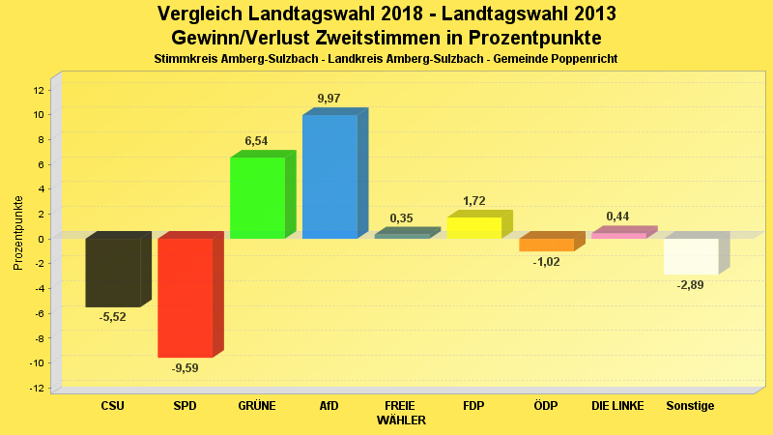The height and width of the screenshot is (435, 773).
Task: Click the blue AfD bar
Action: coord(329,177)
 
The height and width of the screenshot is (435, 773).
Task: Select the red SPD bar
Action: coord(186,298)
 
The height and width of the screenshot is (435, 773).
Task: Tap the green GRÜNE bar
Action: coord(257,197)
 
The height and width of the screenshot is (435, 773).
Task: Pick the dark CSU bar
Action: coord(113,273)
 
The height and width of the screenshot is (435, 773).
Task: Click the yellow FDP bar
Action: coord(473,228)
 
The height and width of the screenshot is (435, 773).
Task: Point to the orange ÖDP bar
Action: coord(546,245)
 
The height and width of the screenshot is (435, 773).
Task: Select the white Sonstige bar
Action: coord(690,256)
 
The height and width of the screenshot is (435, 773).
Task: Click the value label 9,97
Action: coord(329,99)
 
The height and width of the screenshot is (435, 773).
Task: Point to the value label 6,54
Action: coord(256,141)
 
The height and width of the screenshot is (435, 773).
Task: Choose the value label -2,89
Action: coord(690,285)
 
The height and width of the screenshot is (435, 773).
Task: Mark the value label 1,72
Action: coord(473,201)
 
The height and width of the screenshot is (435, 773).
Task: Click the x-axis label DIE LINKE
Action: coord(617,406)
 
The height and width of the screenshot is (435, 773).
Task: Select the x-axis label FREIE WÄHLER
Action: coord(401,413)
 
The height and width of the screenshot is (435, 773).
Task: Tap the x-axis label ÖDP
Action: coord(546,406)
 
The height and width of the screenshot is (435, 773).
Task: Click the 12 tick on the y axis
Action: coord(39,90)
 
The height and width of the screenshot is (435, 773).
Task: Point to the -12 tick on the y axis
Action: coord(37,388)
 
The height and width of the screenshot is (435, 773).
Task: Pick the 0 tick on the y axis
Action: coord(42,239)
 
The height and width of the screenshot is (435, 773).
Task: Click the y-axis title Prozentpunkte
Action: coord(18,233)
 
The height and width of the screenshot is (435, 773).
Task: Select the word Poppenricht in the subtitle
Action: coord(581,59)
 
